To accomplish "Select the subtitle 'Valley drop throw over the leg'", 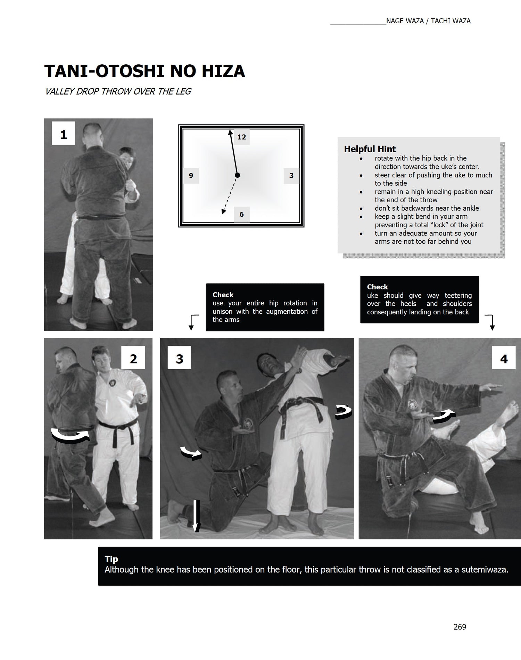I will coord(118,91).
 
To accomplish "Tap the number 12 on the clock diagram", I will coord(242,137).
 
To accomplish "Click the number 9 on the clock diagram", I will coord(191,176).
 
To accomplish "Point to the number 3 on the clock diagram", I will coord(291,176).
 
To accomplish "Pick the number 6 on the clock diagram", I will coord(241,214).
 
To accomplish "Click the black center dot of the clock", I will coord(237,175).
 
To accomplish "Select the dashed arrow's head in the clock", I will coord(223,212).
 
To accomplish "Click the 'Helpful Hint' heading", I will coord(370,149).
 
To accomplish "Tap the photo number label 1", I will coord(64,134).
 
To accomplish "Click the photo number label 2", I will coord(133,359).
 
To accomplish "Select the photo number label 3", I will coord(179,359).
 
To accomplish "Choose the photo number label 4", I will coord(504,359).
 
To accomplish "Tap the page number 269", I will coord(460,627).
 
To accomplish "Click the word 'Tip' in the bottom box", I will coord(111,559).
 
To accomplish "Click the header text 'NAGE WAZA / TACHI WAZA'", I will coord(428,21).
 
